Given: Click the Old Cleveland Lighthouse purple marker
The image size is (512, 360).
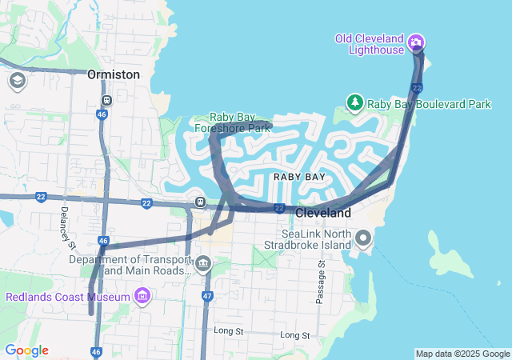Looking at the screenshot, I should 416,42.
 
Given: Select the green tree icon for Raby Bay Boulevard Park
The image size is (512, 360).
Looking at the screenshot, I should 354,102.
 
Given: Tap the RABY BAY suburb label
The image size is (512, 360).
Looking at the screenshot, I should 299,176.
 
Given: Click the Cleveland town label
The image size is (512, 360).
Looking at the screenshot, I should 323,214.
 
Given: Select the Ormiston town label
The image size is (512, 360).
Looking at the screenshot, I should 114,74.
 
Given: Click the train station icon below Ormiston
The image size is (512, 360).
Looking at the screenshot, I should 106,101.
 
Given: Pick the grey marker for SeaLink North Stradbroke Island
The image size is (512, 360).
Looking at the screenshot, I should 363,238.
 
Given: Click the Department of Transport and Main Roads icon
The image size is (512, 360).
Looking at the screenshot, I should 203,263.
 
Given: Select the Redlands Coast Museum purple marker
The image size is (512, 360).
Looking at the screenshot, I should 142,298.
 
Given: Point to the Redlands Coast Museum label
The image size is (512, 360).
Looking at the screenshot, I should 68,298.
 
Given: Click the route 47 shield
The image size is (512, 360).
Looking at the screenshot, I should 207,296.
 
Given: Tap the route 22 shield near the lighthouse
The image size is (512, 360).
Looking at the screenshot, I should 417,87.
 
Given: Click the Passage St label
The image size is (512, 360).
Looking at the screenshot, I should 320,281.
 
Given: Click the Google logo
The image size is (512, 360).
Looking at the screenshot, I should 26,350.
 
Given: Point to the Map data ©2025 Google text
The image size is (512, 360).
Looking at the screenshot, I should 462,354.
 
